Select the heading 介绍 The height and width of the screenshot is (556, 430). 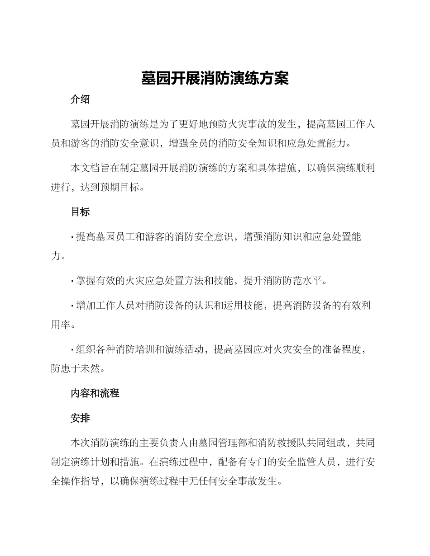pyautogui.click(x=80, y=100)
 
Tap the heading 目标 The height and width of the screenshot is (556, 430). pyautogui.click(x=80, y=212)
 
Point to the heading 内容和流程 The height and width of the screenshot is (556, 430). pyautogui.click(x=95, y=393)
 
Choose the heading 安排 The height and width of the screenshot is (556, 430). pyautogui.click(x=80, y=419)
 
